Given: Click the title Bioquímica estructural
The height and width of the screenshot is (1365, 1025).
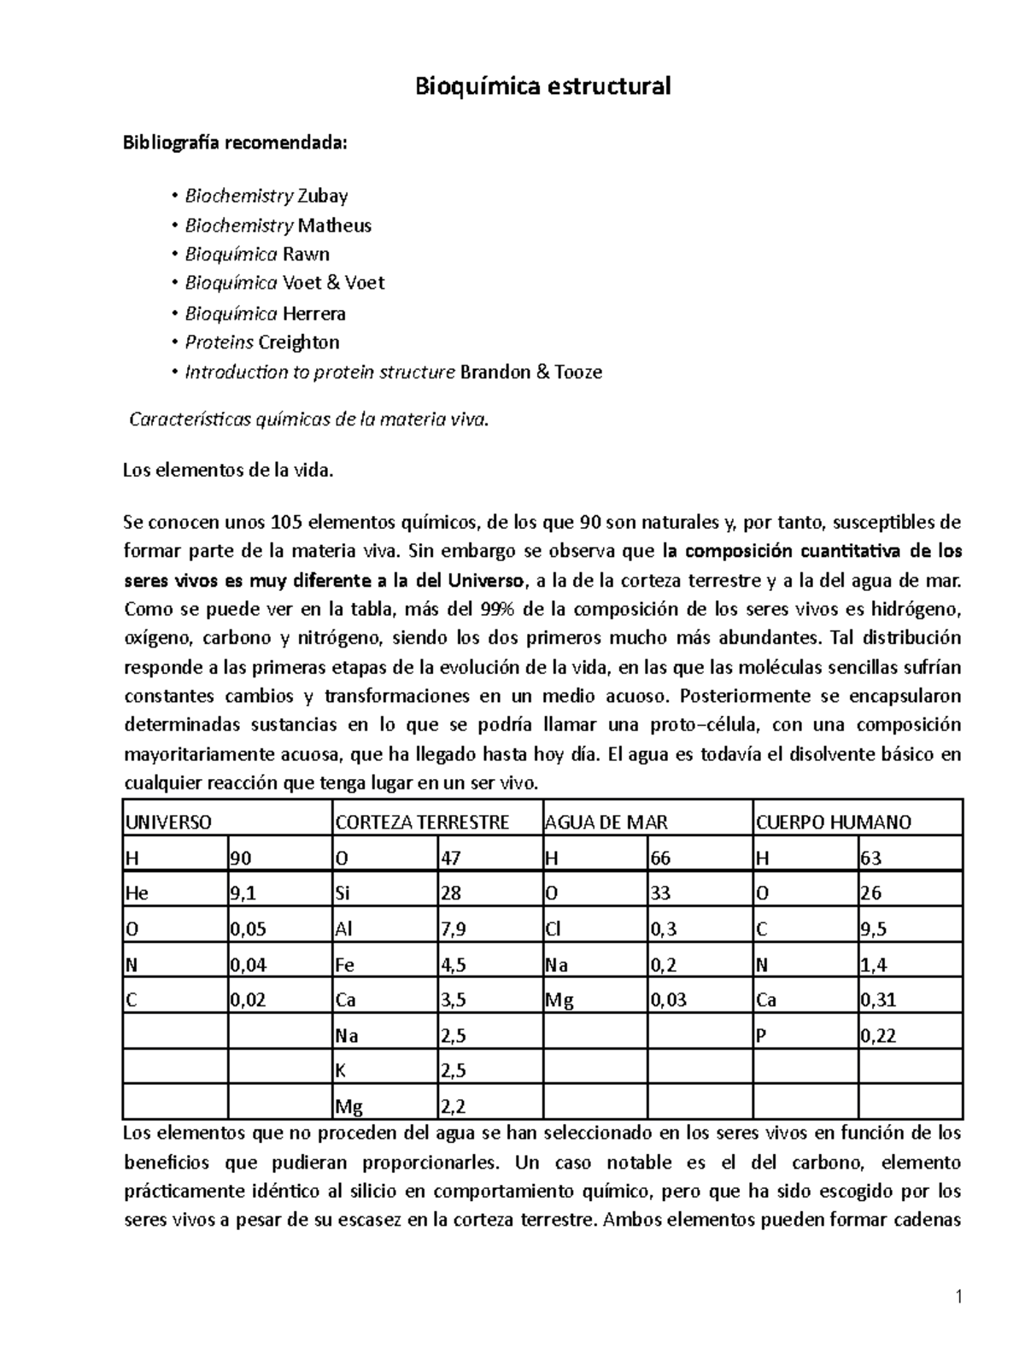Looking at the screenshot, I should pos(542,86).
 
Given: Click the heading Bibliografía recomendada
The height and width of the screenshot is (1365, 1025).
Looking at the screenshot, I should pos(235,143).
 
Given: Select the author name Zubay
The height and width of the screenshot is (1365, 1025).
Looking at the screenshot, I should pos(322,196).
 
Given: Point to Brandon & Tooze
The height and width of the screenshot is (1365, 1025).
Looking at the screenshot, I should pos(530,372).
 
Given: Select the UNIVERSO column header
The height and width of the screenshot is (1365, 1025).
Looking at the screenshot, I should pos(168,823).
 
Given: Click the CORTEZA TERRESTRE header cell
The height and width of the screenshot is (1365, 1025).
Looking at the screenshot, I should pos(422,823).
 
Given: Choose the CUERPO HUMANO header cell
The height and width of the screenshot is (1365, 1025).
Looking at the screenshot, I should pos(833,823).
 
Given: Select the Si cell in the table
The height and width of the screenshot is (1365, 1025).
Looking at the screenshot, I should pos(343,893).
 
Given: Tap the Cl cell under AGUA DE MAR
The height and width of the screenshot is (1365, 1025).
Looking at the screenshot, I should pos(553,929).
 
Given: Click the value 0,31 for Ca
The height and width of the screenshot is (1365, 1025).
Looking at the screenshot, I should pos(878,1000).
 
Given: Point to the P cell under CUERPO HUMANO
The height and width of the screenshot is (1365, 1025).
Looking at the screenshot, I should pos(762,1036).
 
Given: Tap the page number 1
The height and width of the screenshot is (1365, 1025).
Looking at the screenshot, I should pos(959,1298).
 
